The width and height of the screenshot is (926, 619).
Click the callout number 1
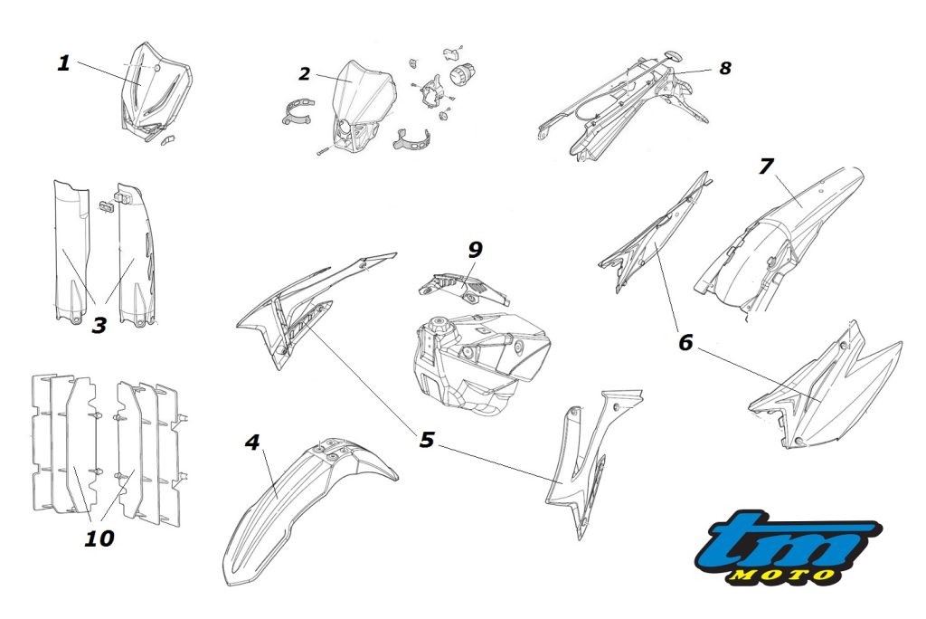click(x=62, y=63)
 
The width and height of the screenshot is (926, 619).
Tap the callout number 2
click(x=305, y=74)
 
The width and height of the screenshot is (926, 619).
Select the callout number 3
click(x=99, y=324)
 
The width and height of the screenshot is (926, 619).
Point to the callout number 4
click(x=252, y=442)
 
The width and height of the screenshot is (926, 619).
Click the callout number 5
click(x=427, y=440)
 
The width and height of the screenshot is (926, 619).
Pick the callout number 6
click(x=685, y=342)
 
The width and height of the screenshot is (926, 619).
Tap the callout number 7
click(x=766, y=167)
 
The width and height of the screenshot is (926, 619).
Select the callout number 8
click(x=724, y=68)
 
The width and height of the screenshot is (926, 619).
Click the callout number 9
click(x=475, y=250)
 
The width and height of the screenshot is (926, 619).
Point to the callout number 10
click(x=99, y=538)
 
